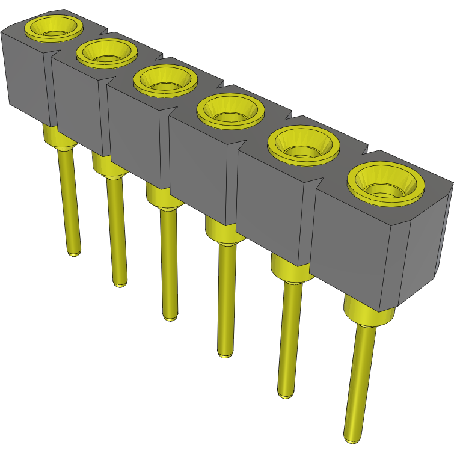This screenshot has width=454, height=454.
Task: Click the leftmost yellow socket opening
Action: tap(53, 27)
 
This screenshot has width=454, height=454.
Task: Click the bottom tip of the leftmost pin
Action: tap(73, 253)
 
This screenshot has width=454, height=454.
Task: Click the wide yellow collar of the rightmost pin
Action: tap(368, 313)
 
